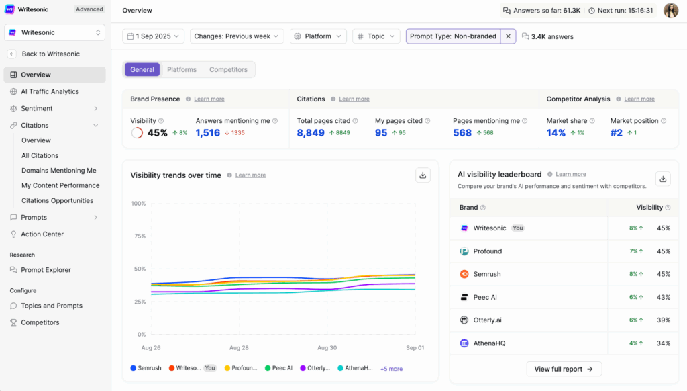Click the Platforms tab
tap(181, 69)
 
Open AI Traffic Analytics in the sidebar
tap(50, 91)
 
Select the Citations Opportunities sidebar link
tap(57, 200)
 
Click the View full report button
tap(564, 369)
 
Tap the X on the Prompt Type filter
tap(508, 36)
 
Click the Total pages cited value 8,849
tap(311, 133)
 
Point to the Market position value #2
tap(617, 133)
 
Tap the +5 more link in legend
tap(391, 369)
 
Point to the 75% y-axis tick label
tap(139, 236)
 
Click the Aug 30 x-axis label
tap(327, 348)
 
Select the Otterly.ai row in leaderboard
tap(487, 320)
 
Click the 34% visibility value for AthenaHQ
tap(663, 343)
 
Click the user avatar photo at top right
tap(670, 10)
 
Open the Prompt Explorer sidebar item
tap(46, 270)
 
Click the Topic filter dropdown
tap(376, 36)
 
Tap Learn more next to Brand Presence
tap(209, 99)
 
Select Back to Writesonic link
tap(50, 54)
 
